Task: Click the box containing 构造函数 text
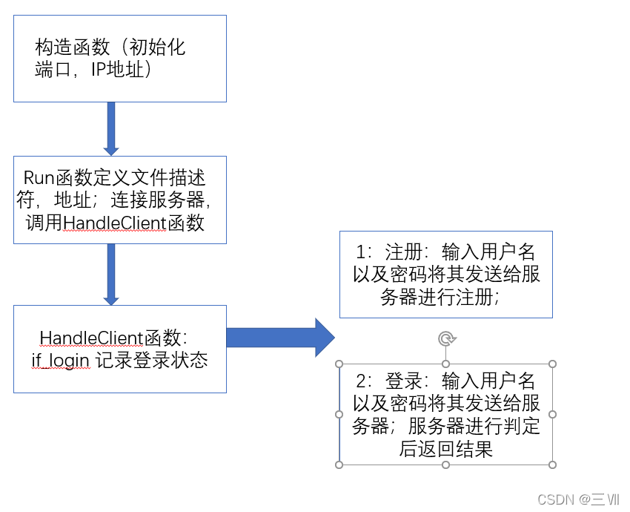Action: [119, 59]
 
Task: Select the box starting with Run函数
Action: [119, 200]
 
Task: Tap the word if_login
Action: [60, 361]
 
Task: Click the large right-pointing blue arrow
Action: [281, 338]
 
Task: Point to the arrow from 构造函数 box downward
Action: [111, 128]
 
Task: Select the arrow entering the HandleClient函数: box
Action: [111, 274]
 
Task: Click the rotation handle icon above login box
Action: [446, 339]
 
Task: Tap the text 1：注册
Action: [394, 250]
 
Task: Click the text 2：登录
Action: [394, 381]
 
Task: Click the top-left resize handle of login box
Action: [339, 364]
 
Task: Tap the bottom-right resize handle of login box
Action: [553, 465]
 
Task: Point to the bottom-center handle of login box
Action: [446, 465]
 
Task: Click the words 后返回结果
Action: [446, 449]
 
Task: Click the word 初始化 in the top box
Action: [157, 48]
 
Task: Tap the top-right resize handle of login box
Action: [553, 364]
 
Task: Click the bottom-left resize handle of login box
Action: [339, 465]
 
